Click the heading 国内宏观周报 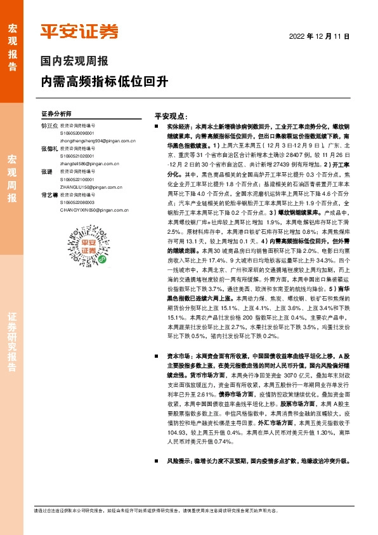pyautogui.click(x=74, y=62)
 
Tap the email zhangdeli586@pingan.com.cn pyautogui.click(x=72, y=164)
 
